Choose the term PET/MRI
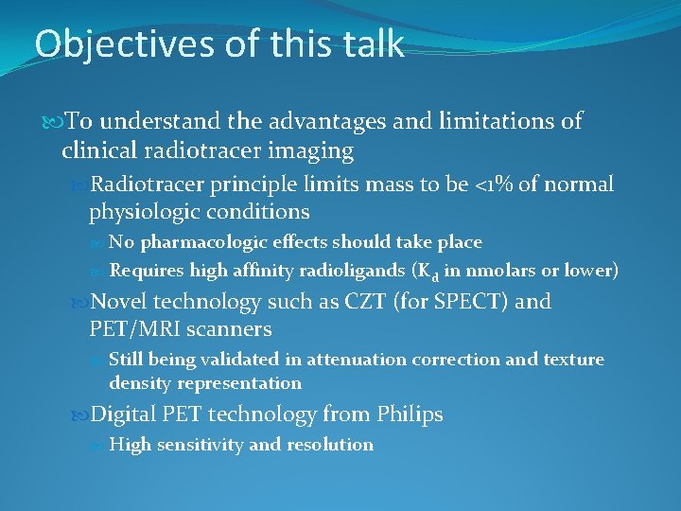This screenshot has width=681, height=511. click(x=131, y=329)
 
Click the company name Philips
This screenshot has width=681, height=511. click(x=409, y=414)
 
